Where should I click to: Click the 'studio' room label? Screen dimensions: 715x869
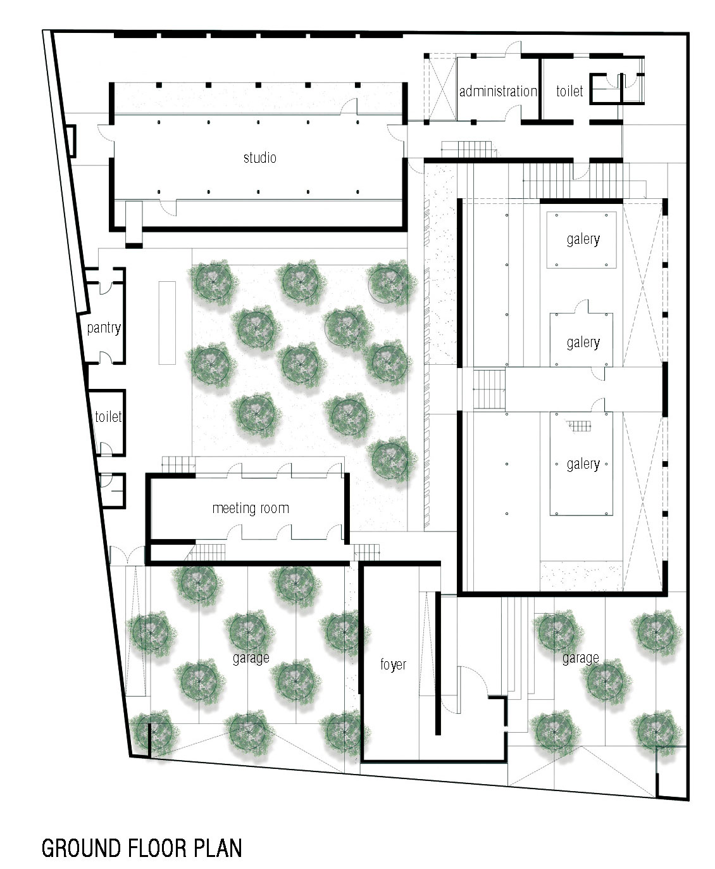(260, 158)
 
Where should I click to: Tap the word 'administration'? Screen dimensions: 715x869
(498, 91)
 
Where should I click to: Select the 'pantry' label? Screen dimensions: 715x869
(104, 328)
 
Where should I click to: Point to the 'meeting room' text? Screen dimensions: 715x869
(251, 508)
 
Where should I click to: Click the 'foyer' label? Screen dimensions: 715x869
(394, 664)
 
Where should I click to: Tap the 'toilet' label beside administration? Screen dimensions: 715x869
(569, 91)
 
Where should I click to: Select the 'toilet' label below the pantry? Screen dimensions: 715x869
(108, 417)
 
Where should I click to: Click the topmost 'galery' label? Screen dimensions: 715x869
(583, 239)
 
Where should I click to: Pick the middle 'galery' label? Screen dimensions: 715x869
(583, 343)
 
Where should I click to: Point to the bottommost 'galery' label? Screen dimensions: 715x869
(583, 464)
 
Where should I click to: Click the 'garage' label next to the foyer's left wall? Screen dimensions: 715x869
(251, 659)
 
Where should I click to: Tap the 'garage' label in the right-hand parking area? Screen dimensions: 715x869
(581, 659)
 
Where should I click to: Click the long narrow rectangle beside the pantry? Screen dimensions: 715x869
(167, 323)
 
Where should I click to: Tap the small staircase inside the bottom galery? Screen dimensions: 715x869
(579, 426)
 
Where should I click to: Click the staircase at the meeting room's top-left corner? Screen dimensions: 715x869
(178, 465)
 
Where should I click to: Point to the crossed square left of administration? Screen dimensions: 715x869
(442, 89)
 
